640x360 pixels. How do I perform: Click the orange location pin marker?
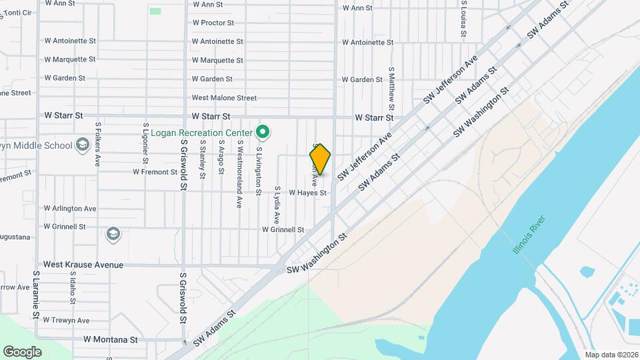tap(320, 159)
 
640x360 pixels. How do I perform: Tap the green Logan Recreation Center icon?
tap(263, 132)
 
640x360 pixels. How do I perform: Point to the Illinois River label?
tap(529, 234)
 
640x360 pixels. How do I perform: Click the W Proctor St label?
tap(213, 23)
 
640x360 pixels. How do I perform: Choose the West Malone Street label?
tap(224, 98)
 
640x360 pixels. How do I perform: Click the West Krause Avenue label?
tap(83, 265)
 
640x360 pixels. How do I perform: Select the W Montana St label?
tap(110, 339)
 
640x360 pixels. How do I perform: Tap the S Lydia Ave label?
tap(275, 205)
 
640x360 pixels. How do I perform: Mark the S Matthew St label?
tap(392, 88)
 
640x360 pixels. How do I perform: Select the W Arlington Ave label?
tap(70, 209)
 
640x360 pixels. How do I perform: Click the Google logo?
tap(22, 352)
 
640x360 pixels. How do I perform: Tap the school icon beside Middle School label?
tap(83, 145)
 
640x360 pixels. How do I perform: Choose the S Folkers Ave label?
tap(98, 143)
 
